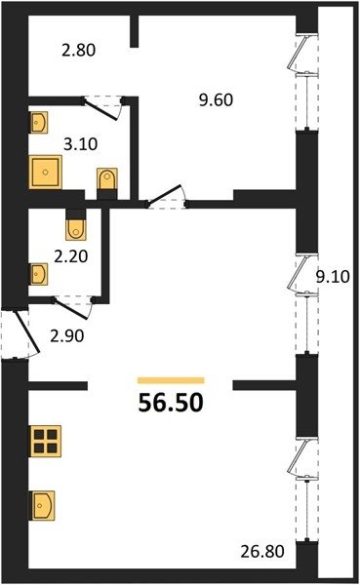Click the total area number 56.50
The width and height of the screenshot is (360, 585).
pos(171,403)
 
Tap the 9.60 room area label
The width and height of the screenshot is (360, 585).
pos(216,100)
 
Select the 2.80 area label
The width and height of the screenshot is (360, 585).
pos(79,50)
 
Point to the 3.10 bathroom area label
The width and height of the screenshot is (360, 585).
pos(80,144)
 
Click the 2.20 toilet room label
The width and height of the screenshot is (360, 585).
pos(71,256)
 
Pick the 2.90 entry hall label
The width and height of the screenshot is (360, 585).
pos(67,336)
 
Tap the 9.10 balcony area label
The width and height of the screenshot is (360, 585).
pos(333,277)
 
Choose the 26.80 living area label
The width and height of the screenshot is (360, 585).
pos(262,552)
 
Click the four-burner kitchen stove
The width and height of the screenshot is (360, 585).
pos(45,441)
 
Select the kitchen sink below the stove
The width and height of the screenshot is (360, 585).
pos(42,505)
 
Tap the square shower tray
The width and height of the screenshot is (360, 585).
pos(45,173)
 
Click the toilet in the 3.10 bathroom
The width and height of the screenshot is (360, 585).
pos(107,179)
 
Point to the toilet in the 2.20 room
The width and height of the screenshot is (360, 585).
pos(76,227)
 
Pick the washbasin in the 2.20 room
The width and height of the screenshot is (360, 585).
pos(38,275)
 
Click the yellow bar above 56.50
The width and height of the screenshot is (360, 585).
pos(171,380)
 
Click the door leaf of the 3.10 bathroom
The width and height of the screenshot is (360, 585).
pos(101,109)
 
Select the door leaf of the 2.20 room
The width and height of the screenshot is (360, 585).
pos(71,309)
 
